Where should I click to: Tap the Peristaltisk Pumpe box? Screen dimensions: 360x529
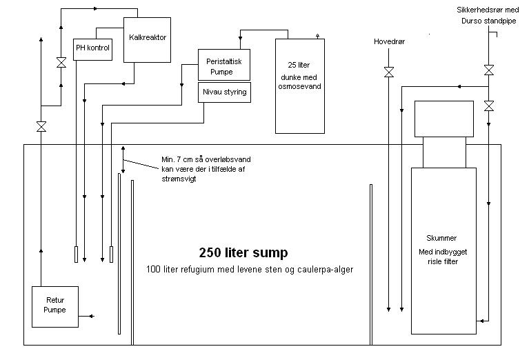pos(223,66)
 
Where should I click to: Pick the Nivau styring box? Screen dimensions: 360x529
pos(223,92)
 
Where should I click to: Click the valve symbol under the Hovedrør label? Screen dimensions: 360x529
pos(389,71)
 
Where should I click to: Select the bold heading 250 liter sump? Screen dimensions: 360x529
pos(243,252)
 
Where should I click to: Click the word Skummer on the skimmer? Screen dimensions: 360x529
pos(442,238)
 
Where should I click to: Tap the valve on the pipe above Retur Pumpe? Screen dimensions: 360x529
pos(41,127)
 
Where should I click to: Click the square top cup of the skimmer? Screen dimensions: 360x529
pos(443,118)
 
